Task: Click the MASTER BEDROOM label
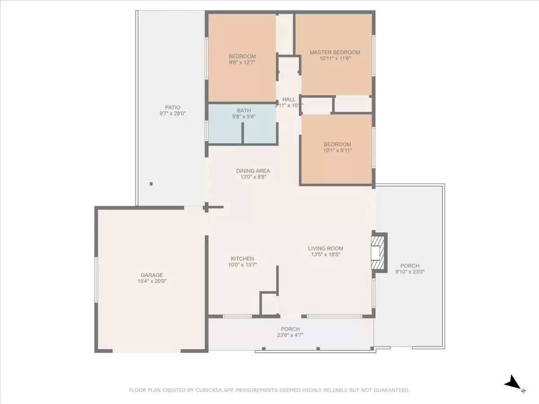tap(335, 53)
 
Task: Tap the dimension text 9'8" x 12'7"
tap(242, 63)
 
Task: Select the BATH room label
tap(244, 110)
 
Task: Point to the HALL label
tap(289, 99)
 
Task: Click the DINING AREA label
tap(253, 171)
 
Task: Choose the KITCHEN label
tap(242, 259)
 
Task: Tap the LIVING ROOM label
tap(325, 248)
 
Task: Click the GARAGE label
tap(151, 275)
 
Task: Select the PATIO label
tap(172, 107)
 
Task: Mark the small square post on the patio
tap(151, 184)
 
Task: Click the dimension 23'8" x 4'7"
tap(290, 335)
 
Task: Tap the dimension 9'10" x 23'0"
tap(410, 272)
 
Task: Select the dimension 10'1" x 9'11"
tap(337, 150)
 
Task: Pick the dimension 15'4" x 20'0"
tap(151, 281)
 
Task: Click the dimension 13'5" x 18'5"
tap(325, 255)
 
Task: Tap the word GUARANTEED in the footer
tap(390, 391)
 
